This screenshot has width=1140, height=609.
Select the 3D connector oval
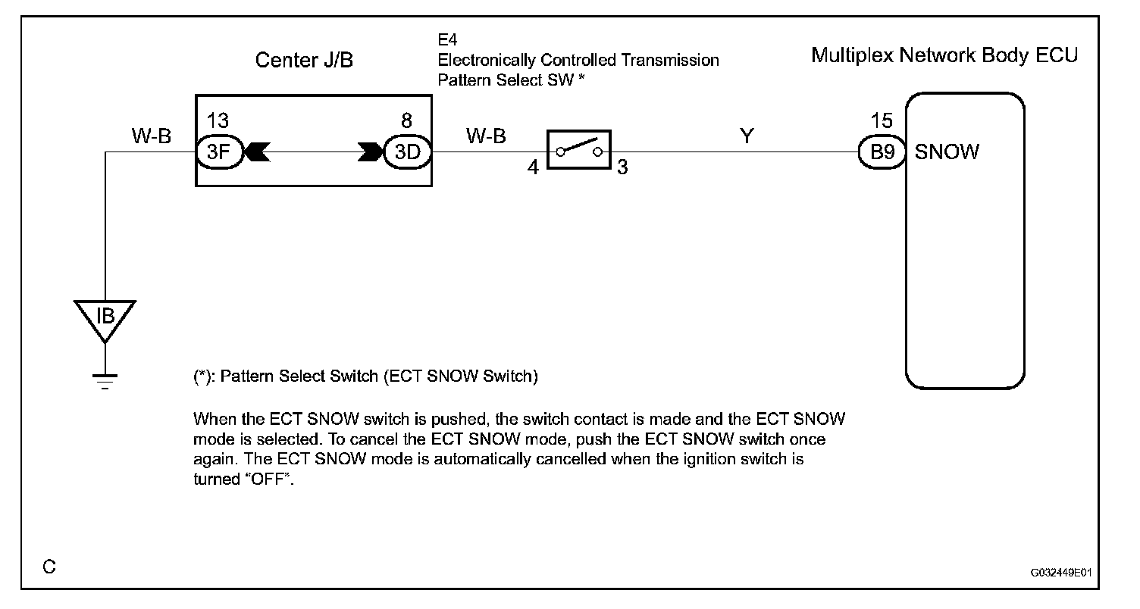[x=407, y=151]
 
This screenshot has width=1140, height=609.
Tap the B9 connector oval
[x=882, y=152]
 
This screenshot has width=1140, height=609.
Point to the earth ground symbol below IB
[x=105, y=379]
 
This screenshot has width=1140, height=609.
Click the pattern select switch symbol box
[x=578, y=151]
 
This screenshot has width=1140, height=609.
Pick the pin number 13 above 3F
[x=218, y=121]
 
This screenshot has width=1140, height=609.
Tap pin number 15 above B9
[x=882, y=121]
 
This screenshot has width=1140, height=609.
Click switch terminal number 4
[x=533, y=167]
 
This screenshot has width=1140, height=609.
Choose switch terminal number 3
[x=622, y=167]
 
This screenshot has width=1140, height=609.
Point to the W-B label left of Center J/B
[x=152, y=136]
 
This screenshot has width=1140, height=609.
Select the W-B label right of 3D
[x=486, y=136]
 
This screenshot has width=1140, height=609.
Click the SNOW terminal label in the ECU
[x=947, y=152]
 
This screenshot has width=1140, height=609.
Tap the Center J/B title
[x=303, y=61]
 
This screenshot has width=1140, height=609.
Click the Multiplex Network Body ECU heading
[x=944, y=55]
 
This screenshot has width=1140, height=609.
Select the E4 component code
[x=447, y=39]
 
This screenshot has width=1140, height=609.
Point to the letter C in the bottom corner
[x=49, y=567]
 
